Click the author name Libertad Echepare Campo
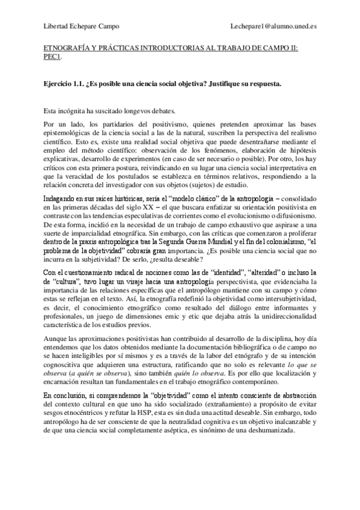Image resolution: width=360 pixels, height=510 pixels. coord(82,26)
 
